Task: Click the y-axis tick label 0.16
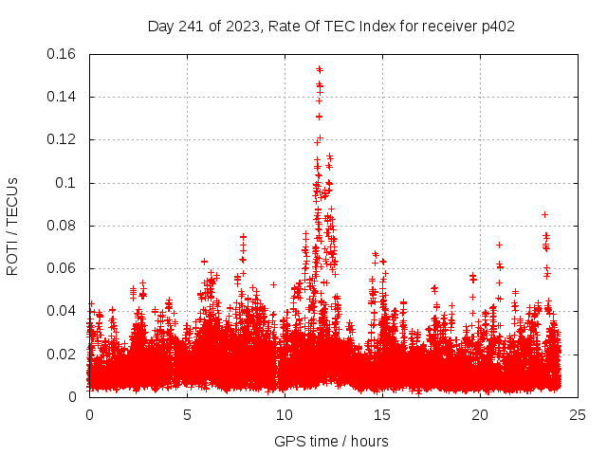64,54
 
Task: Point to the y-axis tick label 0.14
64,97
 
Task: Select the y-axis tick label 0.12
64,139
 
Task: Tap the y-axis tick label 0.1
68,183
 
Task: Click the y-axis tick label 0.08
64,226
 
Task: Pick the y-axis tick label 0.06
64,268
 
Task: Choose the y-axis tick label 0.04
64,311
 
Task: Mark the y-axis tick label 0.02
64,355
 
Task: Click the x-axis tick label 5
187,415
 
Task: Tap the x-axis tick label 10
285,415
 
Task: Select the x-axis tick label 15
382,415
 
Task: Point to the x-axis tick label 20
480,415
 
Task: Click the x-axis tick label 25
578,415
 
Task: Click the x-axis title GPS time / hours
331,441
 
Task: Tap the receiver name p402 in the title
495,26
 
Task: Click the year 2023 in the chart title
242,26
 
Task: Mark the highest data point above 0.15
320,69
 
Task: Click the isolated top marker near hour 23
544,214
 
